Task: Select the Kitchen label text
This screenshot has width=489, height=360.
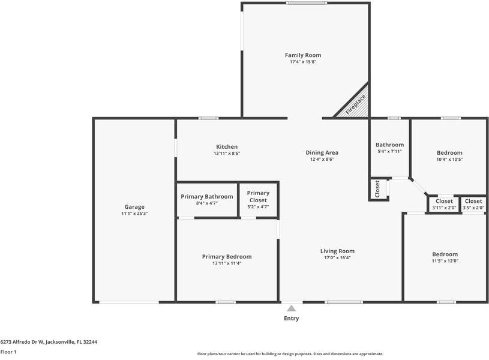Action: [x=227, y=147]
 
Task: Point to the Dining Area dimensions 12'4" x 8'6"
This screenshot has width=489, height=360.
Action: [x=322, y=160]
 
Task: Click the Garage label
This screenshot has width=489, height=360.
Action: [x=134, y=207]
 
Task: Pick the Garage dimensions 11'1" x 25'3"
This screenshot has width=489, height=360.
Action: [x=134, y=214]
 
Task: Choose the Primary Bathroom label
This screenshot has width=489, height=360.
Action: [x=207, y=197]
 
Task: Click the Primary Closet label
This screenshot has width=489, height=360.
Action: [x=258, y=196]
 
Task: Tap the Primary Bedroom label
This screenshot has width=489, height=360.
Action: [x=227, y=257]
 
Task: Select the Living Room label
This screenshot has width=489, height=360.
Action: [x=337, y=251]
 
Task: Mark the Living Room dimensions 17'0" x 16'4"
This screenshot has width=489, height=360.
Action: [x=337, y=258]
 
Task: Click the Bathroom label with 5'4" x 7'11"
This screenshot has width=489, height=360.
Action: [x=389, y=145]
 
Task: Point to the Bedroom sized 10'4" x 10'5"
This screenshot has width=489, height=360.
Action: [x=449, y=153]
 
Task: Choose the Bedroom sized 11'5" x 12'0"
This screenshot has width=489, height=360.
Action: [x=445, y=254]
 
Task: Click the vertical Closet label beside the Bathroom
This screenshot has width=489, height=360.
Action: [x=377, y=189]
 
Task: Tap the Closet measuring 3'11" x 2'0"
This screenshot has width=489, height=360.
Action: [x=445, y=202]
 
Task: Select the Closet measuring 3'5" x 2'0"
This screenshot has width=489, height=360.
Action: [x=473, y=202]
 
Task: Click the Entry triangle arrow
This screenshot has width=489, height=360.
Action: [x=291, y=308]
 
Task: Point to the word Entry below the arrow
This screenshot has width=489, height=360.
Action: [x=291, y=319]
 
